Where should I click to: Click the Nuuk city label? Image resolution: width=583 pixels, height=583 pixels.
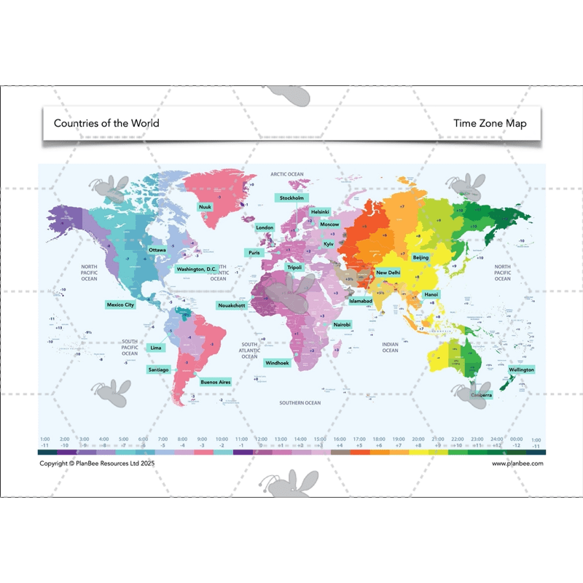pyautogui.click(x=206, y=207)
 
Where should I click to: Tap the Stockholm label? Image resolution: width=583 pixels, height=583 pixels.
pyautogui.click(x=291, y=197)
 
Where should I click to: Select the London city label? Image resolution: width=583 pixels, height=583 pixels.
pyautogui.click(x=265, y=227)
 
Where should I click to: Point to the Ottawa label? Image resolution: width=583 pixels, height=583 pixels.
pyautogui.click(x=157, y=250)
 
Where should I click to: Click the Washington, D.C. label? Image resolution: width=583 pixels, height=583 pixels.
pyautogui.click(x=197, y=269)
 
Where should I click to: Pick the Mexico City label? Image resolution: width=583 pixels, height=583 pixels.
pyautogui.click(x=120, y=305)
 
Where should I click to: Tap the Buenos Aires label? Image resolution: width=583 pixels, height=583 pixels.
pyautogui.click(x=216, y=381)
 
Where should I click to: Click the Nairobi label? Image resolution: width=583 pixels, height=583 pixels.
pyautogui.click(x=343, y=324)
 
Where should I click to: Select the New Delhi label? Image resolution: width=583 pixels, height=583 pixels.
pyautogui.click(x=388, y=273)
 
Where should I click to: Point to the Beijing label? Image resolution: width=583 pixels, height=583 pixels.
pyautogui.click(x=420, y=257)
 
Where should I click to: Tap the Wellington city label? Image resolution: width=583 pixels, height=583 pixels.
pyautogui.click(x=521, y=369)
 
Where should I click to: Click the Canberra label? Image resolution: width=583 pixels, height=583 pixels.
pyautogui.click(x=481, y=395)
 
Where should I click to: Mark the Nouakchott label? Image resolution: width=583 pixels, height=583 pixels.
pyautogui.click(x=231, y=305)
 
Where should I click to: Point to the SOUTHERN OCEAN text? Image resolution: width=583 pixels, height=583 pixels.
pyautogui.click(x=300, y=402)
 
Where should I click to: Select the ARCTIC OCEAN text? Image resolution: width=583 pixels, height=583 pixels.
pyautogui.click(x=287, y=174)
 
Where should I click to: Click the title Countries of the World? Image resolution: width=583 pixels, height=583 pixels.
pyautogui.click(x=106, y=123)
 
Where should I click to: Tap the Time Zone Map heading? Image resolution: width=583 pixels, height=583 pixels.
pyautogui.click(x=490, y=123)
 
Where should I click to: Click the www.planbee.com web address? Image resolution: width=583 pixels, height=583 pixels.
pyautogui.click(x=517, y=463)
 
